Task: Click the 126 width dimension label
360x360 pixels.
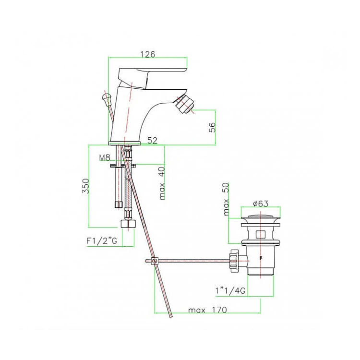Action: click(148, 54)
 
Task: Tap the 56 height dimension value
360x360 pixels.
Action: click(213, 127)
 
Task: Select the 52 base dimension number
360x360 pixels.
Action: click(153, 140)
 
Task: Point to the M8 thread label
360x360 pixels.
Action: click(105, 157)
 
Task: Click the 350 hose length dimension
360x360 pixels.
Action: click(85, 186)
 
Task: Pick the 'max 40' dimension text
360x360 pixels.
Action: click(162, 183)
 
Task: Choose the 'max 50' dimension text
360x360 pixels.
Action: click(226, 199)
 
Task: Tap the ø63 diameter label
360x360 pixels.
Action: click(261, 204)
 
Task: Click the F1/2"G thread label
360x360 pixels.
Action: click(102, 241)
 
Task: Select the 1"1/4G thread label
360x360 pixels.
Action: click(230, 291)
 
